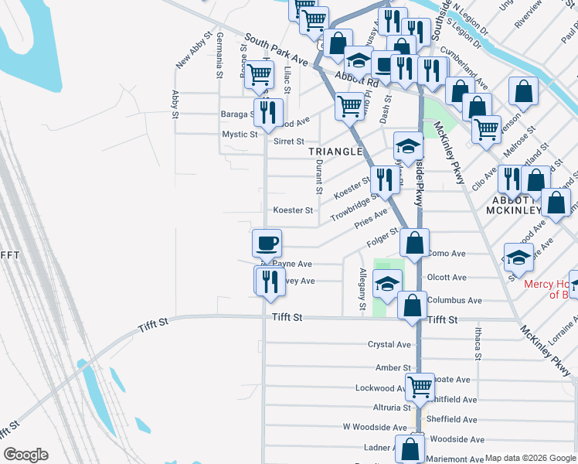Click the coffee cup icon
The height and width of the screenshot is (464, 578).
pyautogui.click(x=267, y=244)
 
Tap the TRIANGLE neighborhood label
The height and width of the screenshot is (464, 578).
pyautogui.click(x=336, y=152)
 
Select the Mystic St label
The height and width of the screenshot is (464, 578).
pyautogui.click(x=240, y=135)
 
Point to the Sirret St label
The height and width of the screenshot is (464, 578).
pyautogui.click(x=289, y=142)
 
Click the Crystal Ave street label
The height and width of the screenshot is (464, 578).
pyautogui.click(x=389, y=344)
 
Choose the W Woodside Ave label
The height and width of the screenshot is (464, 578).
pyautogui.click(x=375, y=427)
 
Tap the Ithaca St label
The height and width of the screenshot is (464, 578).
pyautogui.click(x=478, y=343)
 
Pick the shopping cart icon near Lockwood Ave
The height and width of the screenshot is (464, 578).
pyautogui.click(x=420, y=385)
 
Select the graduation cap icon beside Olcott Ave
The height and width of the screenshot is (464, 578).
pyautogui.click(x=387, y=284)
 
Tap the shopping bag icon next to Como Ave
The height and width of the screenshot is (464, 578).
pyautogui.click(x=415, y=244)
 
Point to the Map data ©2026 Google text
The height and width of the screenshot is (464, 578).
pyautogui.click(x=530, y=458)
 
